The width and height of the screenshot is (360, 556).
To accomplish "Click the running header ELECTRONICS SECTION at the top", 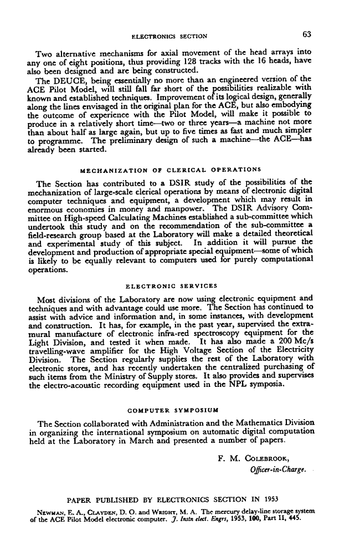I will point(169,37).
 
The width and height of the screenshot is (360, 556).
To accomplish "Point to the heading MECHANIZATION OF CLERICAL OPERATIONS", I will point(171,169).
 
